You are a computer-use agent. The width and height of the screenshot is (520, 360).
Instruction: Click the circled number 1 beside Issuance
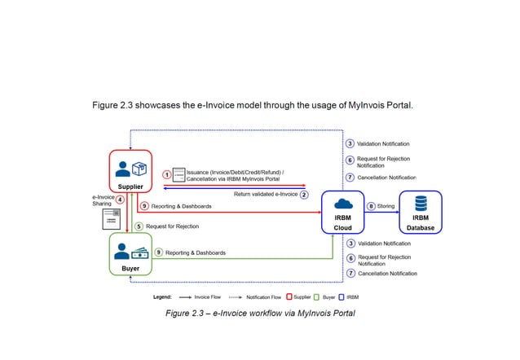(166, 173)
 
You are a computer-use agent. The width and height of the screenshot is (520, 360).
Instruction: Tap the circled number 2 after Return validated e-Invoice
(304, 195)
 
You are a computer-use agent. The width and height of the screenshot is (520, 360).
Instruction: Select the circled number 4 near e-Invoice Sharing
(120, 199)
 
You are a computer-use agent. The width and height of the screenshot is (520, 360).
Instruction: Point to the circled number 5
(139, 226)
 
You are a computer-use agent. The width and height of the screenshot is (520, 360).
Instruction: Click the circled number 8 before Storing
(371, 206)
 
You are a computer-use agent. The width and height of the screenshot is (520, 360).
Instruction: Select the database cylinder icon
(421, 204)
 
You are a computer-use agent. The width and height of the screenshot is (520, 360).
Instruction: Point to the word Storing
(386, 206)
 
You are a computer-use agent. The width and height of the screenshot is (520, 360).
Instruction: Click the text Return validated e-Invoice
(264, 195)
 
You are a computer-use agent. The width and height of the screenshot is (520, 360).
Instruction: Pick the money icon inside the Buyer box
(139, 252)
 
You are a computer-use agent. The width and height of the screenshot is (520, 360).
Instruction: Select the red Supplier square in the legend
(289, 297)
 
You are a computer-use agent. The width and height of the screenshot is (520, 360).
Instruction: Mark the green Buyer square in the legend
(316, 297)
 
